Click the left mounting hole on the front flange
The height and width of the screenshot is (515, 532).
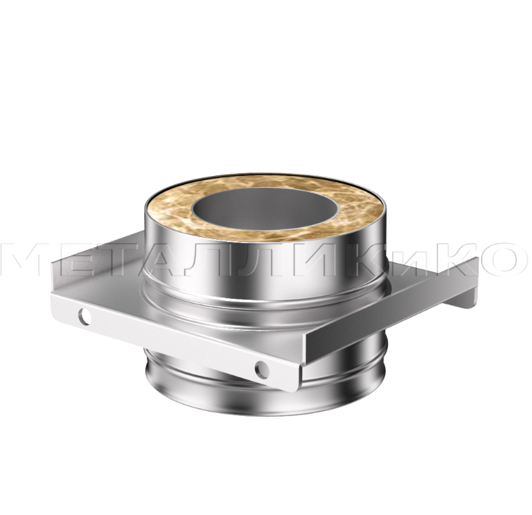(x=84, y=317)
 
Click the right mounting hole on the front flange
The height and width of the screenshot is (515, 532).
(x=262, y=370)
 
